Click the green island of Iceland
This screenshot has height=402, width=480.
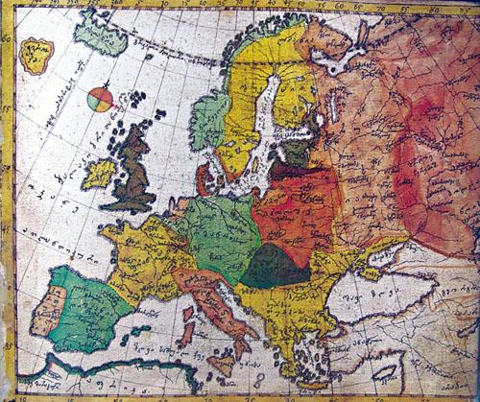click(101, 35)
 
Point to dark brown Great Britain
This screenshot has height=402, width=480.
click(133, 173)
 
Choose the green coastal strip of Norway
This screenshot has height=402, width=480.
click(209, 120)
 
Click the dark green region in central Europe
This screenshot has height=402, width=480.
click(274, 264)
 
